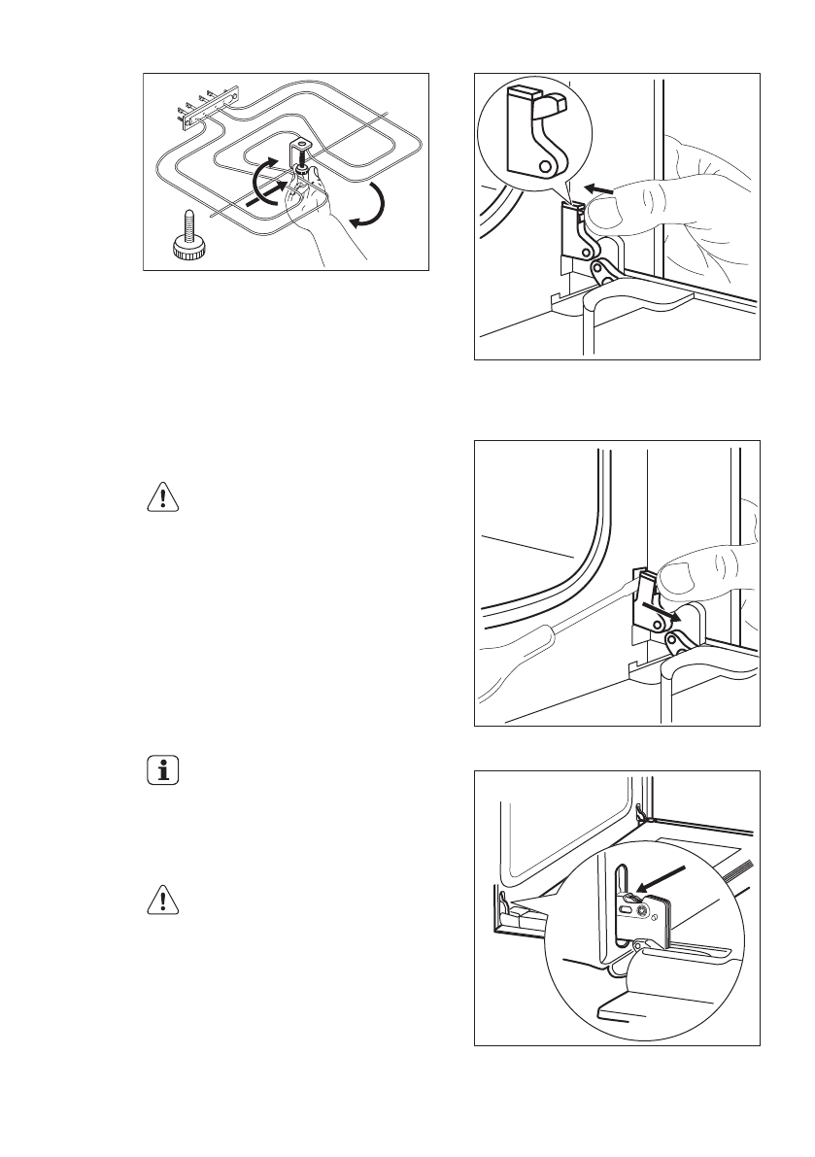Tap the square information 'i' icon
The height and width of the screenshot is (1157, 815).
[x=162, y=772]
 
